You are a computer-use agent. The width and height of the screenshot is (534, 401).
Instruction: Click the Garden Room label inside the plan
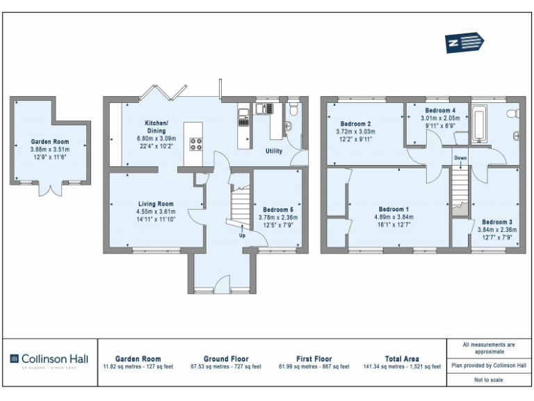pyautogui.click(x=49, y=142)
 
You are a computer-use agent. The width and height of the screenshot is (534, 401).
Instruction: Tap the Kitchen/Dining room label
pyautogui.click(x=156, y=127)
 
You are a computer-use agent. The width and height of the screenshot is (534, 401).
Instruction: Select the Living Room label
pyautogui.click(x=156, y=203)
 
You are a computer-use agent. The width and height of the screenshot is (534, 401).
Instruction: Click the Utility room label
pyautogui.click(x=274, y=151)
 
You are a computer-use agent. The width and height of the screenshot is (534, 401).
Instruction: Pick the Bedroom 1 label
pyautogui.click(x=394, y=209)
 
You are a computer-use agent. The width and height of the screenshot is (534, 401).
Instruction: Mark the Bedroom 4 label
pyautogui.click(x=440, y=111)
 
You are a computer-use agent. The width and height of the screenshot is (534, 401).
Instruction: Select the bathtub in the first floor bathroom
pyautogui.click(x=480, y=125)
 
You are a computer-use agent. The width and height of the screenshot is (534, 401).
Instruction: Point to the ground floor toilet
pyautogui.click(x=294, y=109)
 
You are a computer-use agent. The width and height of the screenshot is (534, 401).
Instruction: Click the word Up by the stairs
pyautogui.click(x=242, y=235)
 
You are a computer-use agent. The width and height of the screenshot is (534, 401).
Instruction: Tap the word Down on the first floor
pyautogui.click(x=460, y=158)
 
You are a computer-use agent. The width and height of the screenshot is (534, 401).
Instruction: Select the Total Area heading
pyautogui.click(x=402, y=359)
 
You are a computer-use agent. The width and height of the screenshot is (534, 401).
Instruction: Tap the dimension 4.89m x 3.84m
pyautogui.click(x=394, y=217)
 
